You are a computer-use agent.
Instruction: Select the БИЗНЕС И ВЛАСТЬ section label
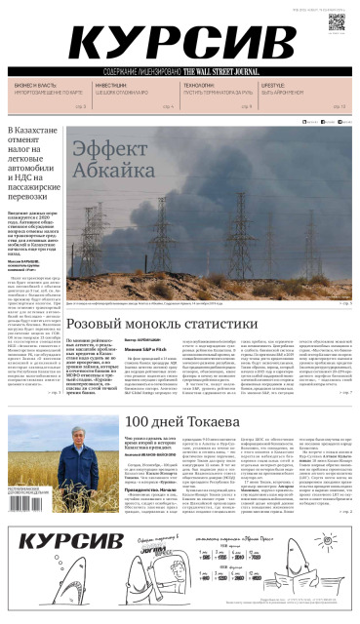coord(34,87)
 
